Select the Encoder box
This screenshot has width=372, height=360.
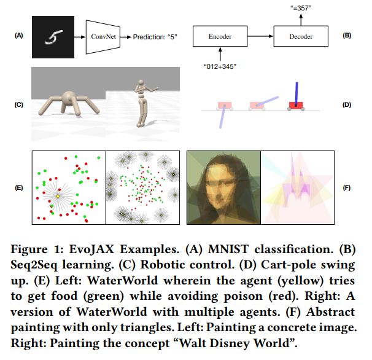point(220,37)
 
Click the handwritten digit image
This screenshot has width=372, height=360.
point(53,37)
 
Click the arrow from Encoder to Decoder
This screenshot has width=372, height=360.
point(260,37)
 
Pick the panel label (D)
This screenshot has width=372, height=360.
point(346,104)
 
